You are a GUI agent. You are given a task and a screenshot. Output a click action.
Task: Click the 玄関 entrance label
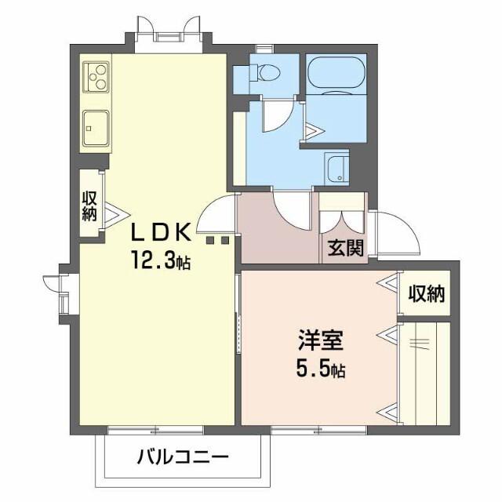(x=344, y=249)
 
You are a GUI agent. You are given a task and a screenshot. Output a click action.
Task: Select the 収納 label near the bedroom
(x=425, y=294)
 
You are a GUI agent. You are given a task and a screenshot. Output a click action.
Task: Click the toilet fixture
(x=264, y=72)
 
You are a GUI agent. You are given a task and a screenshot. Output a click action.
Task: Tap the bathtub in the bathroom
(x=336, y=75)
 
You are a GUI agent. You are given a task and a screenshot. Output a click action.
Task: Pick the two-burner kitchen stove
(x=96, y=75)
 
